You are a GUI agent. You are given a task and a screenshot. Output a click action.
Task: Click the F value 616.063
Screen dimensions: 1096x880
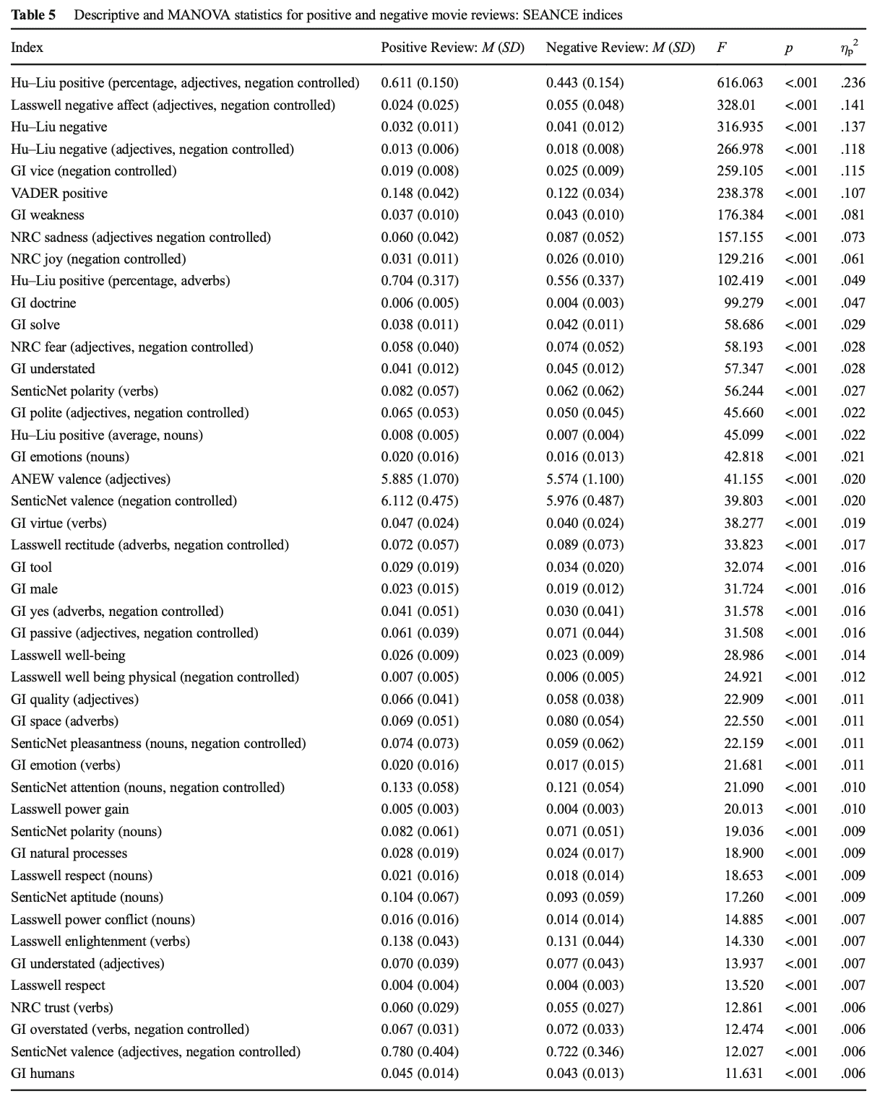[x=739, y=83]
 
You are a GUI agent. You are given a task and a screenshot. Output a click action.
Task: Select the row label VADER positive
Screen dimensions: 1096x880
[x=59, y=193]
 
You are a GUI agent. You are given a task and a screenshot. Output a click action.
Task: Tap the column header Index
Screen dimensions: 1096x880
[x=27, y=48]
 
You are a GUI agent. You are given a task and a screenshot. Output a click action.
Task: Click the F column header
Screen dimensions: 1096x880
[x=721, y=48]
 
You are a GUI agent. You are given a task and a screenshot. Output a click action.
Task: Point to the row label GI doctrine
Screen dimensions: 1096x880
[x=43, y=303]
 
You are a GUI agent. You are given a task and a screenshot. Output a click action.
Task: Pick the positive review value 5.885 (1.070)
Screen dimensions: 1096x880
[x=420, y=479]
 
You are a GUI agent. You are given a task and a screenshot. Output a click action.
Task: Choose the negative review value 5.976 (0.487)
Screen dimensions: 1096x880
[x=584, y=501]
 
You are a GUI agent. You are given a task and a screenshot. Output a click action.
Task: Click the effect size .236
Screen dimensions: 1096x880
[x=853, y=83]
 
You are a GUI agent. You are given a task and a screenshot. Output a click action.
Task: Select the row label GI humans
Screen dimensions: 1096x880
[x=43, y=1074]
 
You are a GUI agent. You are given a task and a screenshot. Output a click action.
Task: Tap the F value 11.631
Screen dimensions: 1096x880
[x=743, y=1074]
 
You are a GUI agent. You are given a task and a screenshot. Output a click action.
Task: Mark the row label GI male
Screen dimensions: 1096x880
[x=34, y=589]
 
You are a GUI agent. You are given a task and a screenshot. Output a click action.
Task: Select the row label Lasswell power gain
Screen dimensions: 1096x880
[x=70, y=809]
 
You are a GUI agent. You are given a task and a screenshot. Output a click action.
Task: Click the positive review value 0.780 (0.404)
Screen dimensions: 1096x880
[x=420, y=1052]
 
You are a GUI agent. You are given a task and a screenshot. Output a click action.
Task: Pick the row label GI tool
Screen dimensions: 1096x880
[x=32, y=567]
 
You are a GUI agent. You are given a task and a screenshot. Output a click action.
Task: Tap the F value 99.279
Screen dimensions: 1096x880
[x=743, y=303]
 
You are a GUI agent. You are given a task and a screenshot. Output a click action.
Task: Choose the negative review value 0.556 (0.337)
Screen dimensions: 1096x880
[x=584, y=281]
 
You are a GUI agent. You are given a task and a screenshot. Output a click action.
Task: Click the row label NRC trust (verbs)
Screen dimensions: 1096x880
[x=62, y=1008]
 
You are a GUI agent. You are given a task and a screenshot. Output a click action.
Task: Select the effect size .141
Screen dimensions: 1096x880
[x=853, y=105]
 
